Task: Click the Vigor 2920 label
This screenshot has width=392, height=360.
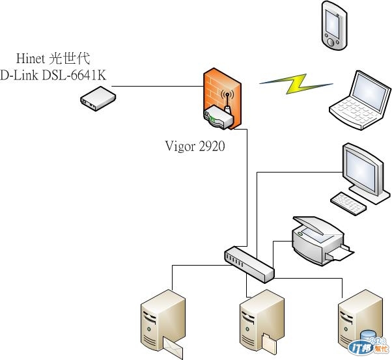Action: coord(195,146)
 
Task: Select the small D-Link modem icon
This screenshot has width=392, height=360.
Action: coord(98,99)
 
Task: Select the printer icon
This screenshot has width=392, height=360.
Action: coord(318,240)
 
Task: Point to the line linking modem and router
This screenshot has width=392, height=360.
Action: coord(156,85)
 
